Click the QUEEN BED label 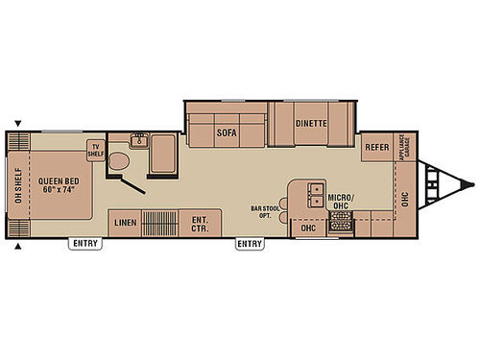coord(58,178)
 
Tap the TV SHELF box coord(96,151)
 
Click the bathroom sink coord(138,140)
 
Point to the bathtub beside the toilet coord(161,154)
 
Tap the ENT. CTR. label coord(200,222)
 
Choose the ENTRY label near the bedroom coord(84,244)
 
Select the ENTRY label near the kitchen coord(250,244)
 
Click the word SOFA coord(227,132)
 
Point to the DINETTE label coord(311,124)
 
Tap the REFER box coord(374,149)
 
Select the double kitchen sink coord(315,196)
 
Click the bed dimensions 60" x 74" coord(58,187)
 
